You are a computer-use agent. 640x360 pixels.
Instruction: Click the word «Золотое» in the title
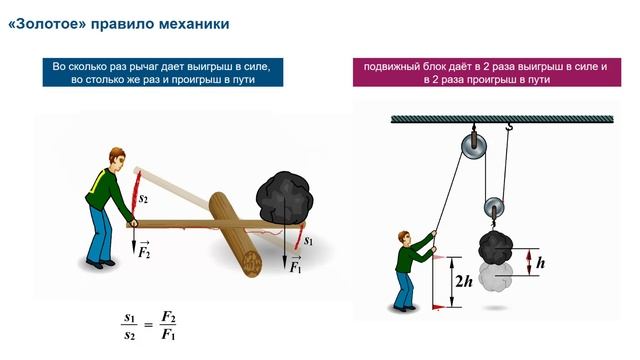47,24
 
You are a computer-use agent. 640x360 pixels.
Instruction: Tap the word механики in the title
194,24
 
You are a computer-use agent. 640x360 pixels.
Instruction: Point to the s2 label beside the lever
143,199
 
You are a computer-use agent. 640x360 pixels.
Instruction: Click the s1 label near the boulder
309,241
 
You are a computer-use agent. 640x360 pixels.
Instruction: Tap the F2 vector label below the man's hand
144,250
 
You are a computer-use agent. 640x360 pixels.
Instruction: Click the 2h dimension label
464,281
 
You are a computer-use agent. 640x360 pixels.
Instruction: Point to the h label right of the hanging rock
540,263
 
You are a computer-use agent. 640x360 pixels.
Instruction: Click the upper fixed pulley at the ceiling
474,145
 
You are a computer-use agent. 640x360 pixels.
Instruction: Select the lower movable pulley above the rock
494,208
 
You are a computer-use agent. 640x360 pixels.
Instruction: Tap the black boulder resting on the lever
284,198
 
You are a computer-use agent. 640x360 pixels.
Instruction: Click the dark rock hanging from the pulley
496,247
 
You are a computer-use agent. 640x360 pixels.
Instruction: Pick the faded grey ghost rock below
496,277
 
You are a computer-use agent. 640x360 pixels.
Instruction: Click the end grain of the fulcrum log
252,264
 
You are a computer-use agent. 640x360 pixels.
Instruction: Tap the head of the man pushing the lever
117,159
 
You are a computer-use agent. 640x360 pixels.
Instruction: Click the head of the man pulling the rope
404,239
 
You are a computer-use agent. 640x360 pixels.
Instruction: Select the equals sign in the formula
149,325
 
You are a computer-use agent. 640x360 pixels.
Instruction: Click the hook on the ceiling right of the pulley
508,127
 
